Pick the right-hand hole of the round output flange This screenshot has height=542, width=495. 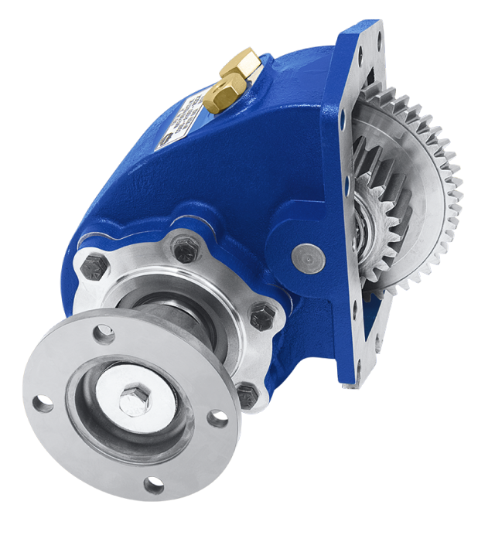coord(219,419)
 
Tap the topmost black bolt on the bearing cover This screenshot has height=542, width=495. coord(185,249)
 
